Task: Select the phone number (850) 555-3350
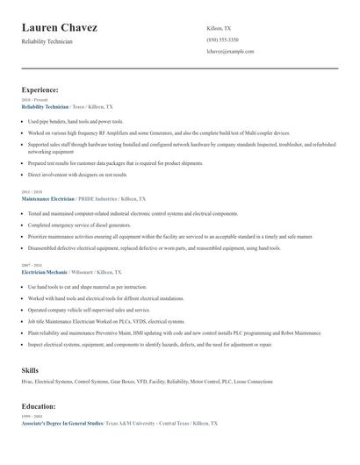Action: [x=222, y=39]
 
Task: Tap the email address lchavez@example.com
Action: [x=230, y=51]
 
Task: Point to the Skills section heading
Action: [x=30, y=370]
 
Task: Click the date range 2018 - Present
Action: [x=34, y=101]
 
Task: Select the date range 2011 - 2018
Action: [x=32, y=190]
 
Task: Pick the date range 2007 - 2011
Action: [x=32, y=264]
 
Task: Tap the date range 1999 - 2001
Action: [x=32, y=417]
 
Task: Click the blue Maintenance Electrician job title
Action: [x=47, y=198]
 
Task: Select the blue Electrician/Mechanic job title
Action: [x=44, y=272]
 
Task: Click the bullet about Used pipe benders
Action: [x=76, y=121]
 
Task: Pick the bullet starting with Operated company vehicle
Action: [x=88, y=310]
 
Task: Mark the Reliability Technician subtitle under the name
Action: [x=47, y=41]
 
